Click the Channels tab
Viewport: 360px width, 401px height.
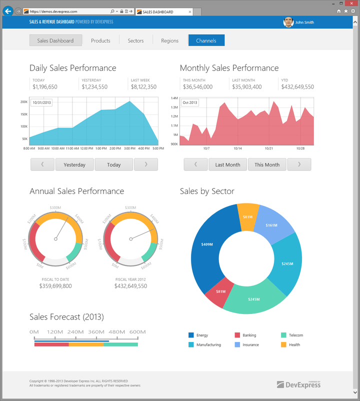pos(206,40)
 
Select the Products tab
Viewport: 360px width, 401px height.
pos(100,40)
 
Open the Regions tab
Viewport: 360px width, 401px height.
pos(169,40)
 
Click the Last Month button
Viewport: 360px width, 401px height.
pos(227,164)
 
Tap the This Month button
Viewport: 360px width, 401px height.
pos(267,164)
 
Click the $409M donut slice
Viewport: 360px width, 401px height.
pos(206,244)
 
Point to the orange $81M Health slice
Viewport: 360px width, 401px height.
pos(247,216)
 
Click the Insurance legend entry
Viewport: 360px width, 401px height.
pos(250,344)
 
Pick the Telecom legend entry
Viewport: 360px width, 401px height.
pos(295,335)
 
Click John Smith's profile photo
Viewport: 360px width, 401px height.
pos(288,22)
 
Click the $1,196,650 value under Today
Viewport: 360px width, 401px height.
pos(45,87)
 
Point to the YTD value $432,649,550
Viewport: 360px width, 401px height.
pos(297,87)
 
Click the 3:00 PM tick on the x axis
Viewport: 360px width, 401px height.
pos(129,148)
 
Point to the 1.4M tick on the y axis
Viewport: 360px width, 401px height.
pos(174,98)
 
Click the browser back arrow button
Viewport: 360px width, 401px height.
pos(8,11)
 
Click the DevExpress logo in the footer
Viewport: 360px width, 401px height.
pos(299,384)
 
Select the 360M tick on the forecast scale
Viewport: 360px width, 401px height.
pos(96,332)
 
